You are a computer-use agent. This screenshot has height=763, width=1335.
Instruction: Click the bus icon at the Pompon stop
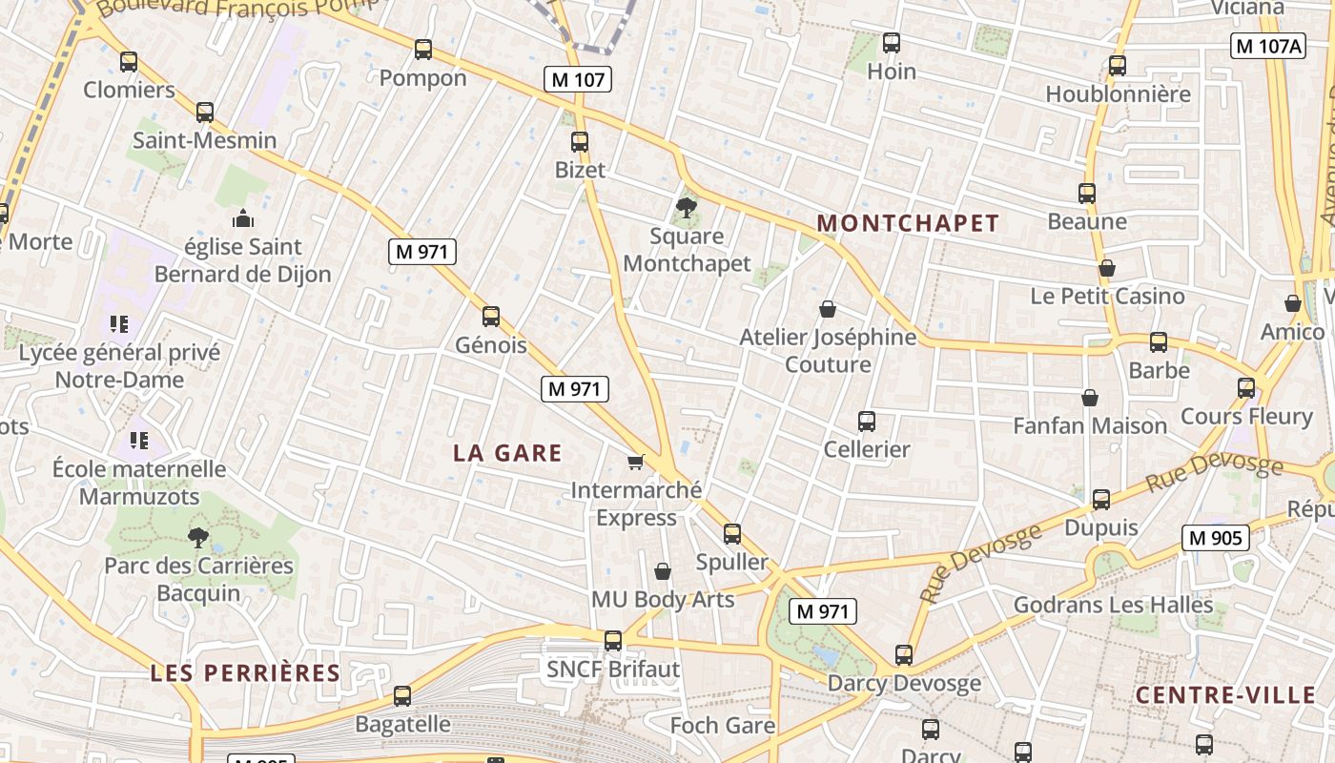point(423,50)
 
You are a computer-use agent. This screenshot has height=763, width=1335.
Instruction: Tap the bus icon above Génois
point(491,316)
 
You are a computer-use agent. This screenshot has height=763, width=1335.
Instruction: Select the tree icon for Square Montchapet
point(686,207)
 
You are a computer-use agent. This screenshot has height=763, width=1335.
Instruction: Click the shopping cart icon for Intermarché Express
point(636,462)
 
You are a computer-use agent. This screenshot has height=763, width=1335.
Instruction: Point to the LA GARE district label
point(507,453)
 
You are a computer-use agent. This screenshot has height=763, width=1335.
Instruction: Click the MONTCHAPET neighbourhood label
point(908,223)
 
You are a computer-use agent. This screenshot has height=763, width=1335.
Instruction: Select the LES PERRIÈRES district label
point(245,672)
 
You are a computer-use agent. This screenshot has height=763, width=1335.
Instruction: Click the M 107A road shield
point(1267,46)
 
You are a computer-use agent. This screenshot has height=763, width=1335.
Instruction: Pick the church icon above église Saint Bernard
point(243,218)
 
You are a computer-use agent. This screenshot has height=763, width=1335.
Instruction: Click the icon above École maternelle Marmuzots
point(139,441)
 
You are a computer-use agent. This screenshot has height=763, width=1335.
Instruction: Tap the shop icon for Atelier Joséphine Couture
point(828,309)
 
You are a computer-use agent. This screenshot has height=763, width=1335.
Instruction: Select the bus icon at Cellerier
point(867,421)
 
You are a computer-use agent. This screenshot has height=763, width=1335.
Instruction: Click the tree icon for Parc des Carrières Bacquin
point(198,537)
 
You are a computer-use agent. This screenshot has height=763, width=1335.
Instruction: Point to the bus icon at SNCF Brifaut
point(613,641)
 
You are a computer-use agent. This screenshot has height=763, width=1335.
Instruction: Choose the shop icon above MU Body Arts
point(663,571)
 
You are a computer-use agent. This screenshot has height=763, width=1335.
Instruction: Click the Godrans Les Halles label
point(1113,605)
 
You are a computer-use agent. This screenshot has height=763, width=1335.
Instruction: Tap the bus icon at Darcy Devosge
point(904,655)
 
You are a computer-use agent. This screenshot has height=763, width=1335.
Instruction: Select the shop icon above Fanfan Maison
point(1090,398)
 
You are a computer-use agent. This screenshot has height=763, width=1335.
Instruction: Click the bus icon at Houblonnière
point(1118,66)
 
